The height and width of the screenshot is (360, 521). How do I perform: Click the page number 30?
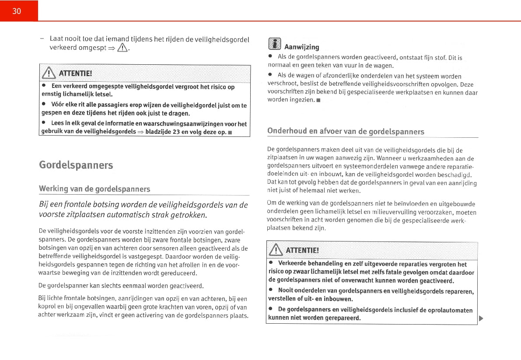pos(17,11)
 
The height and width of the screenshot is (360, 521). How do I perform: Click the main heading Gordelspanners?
pos(76,165)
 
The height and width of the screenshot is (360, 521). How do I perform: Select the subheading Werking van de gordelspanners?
pos(94,189)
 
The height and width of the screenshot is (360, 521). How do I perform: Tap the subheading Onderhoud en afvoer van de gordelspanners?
pos(346,131)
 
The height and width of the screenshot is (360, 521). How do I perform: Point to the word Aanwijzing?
pos(302,47)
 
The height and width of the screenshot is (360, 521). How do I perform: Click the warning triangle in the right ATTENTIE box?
pos(276,250)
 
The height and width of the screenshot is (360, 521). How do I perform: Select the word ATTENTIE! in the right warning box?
pos(302,250)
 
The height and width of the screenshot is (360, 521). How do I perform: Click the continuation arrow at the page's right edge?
pos(481,318)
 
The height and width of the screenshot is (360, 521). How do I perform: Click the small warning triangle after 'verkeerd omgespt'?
pos(124,48)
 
